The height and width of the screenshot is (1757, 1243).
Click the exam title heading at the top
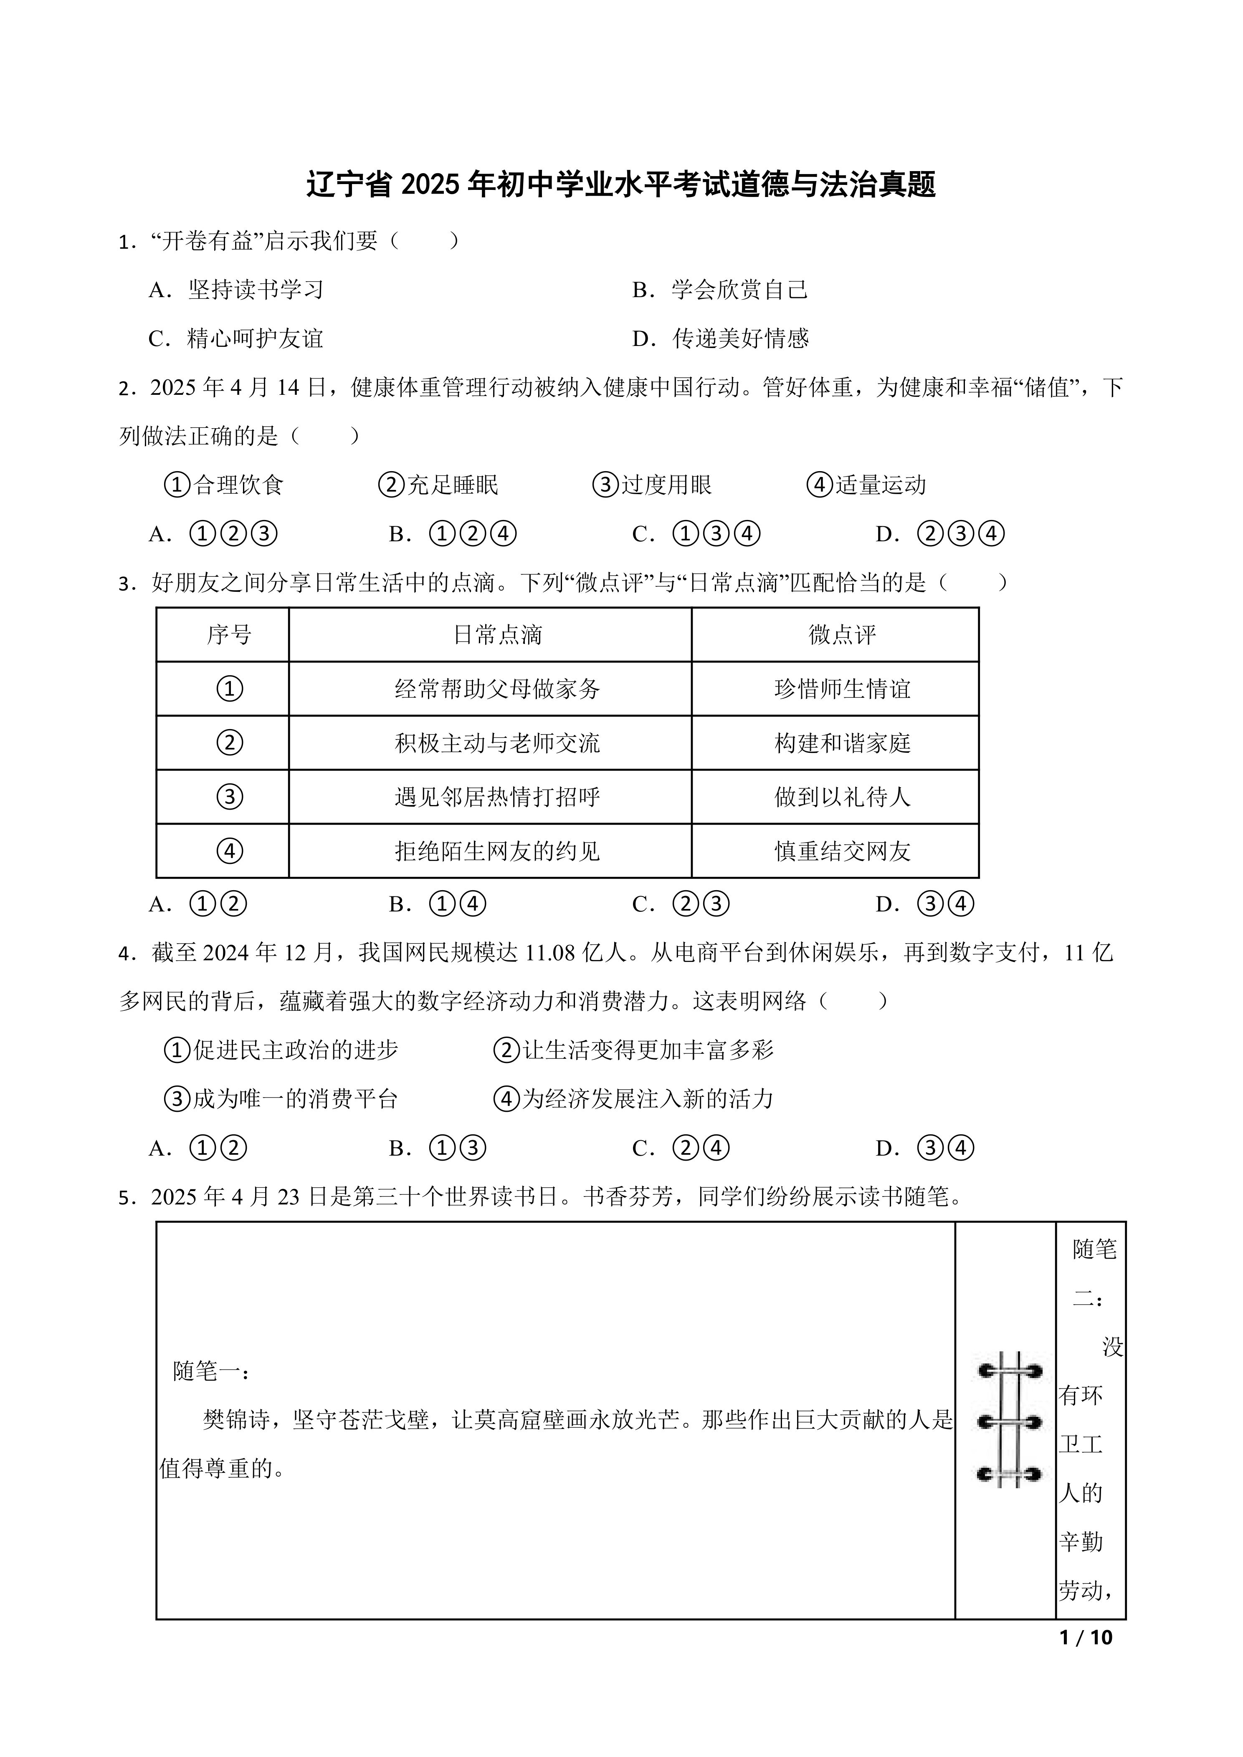point(621,185)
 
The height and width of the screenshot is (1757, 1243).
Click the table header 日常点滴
point(498,634)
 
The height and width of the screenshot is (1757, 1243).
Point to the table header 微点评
point(842,634)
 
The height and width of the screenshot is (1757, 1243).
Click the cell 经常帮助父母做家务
point(498,689)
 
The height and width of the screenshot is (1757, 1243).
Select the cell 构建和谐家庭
point(842,743)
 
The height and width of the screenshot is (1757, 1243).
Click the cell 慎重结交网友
point(842,851)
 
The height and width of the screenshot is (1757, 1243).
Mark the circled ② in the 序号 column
point(230,743)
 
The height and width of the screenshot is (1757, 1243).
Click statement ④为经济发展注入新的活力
point(634,1099)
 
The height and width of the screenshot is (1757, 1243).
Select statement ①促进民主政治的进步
point(282,1050)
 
